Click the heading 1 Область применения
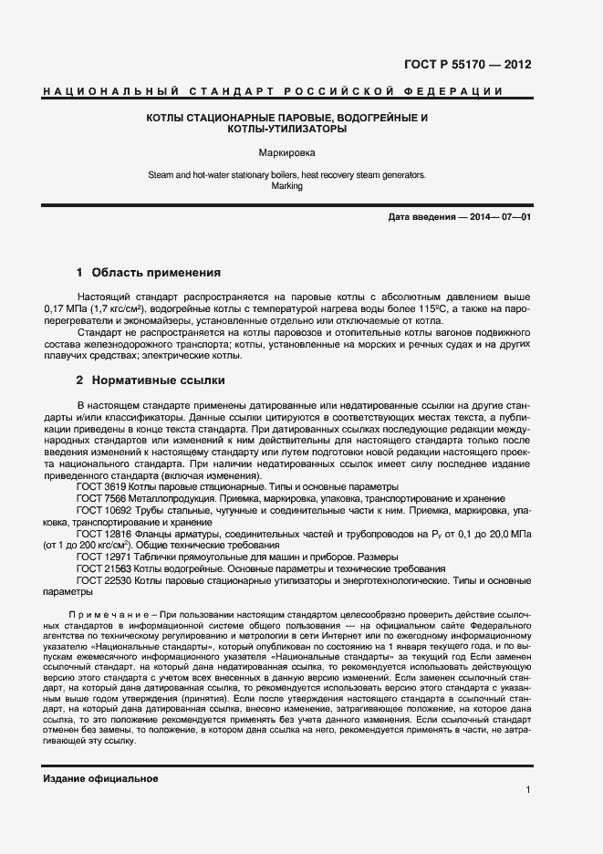pyautogui.click(x=149, y=272)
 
